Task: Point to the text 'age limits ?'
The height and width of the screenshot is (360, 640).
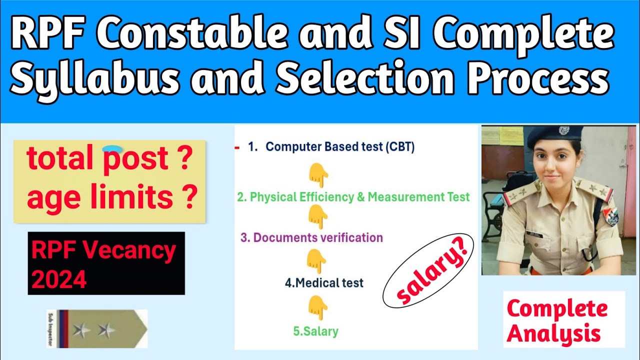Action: click(110, 198)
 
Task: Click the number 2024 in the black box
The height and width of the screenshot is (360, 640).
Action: click(59, 279)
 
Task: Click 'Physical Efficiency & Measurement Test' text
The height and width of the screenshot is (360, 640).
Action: click(353, 197)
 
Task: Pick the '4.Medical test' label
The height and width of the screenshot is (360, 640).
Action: click(324, 282)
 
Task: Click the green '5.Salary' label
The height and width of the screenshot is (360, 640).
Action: click(315, 331)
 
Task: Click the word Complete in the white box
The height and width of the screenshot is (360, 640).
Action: click(557, 308)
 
